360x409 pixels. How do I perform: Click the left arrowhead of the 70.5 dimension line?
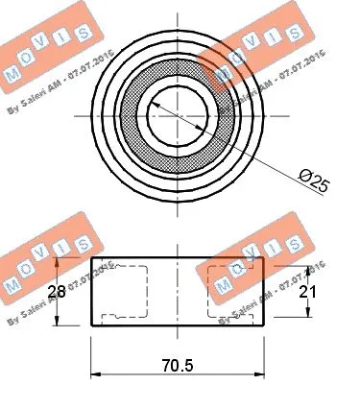pos(95,373)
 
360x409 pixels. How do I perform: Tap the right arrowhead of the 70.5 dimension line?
pos(260,373)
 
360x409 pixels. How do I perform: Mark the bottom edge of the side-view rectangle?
pos(179,325)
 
